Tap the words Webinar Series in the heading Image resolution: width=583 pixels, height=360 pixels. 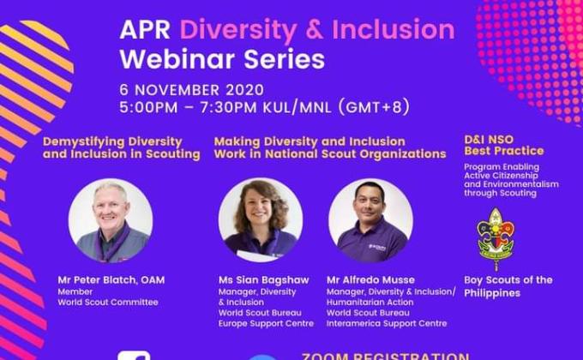pyautogui.click(x=222, y=60)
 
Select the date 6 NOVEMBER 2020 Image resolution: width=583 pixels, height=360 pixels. pyautogui.click(x=181, y=90)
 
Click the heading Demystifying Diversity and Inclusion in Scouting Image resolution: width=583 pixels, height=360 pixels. pyautogui.click(x=121, y=147)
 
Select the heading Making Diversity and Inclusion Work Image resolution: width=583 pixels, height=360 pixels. pyautogui.click(x=329, y=147)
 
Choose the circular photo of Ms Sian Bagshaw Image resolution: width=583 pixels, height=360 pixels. pyautogui.click(x=260, y=221)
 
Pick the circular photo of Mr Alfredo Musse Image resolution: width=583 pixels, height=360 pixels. pyautogui.click(x=370, y=221)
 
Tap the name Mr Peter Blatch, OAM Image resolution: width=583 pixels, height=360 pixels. pyautogui.click(x=111, y=280)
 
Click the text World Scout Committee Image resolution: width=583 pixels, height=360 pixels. pyautogui.click(x=108, y=302)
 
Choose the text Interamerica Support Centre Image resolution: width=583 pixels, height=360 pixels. pyautogui.click(x=387, y=323)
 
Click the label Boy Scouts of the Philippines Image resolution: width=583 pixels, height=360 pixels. pyautogui.click(x=508, y=286)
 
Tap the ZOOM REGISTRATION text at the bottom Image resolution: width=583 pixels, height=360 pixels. pyautogui.click(x=385, y=355)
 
